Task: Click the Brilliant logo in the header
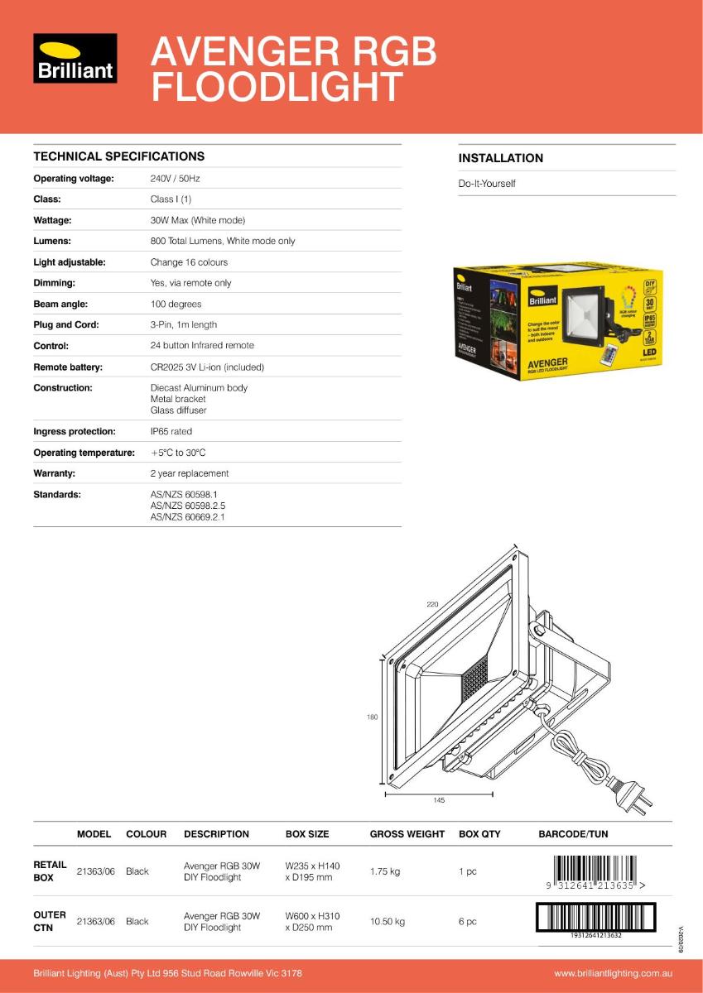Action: (x=75, y=58)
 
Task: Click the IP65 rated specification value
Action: (x=171, y=431)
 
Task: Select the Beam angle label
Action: (x=60, y=304)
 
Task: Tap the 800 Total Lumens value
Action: (x=222, y=241)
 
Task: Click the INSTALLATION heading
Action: (x=500, y=158)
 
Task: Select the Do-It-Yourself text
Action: (x=487, y=183)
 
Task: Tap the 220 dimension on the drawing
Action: (x=432, y=605)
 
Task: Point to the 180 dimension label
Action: (x=372, y=717)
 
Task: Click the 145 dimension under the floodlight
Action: (x=439, y=800)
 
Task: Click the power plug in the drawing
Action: (x=633, y=792)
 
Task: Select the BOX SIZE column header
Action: (x=306, y=834)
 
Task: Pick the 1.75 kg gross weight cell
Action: (x=384, y=871)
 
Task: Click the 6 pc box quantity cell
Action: (x=468, y=921)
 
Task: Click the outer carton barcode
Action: (x=596, y=918)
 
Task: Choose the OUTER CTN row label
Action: (x=50, y=921)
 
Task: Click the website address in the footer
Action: (x=612, y=973)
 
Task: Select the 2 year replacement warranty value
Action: (x=189, y=473)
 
